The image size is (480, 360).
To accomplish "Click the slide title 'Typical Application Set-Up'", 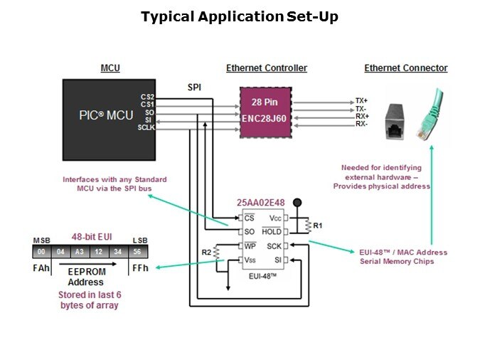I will click(x=239, y=16).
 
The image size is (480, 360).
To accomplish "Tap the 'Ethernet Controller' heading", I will click(x=267, y=68).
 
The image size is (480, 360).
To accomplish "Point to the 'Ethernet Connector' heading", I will click(x=406, y=68).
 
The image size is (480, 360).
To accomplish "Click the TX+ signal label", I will click(x=362, y=101).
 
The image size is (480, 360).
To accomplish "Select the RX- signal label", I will click(x=361, y=125).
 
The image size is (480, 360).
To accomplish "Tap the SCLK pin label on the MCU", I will click(x=147, y=127).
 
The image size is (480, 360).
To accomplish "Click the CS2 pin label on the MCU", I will click(x=147, y=97).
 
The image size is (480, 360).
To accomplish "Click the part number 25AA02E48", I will click(x=260, y=203).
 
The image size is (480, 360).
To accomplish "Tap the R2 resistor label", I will click(x=206, y=252).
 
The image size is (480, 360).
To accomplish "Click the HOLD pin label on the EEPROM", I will click(x=272, y=232).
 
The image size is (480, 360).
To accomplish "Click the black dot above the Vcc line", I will click(x=299, y=203).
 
